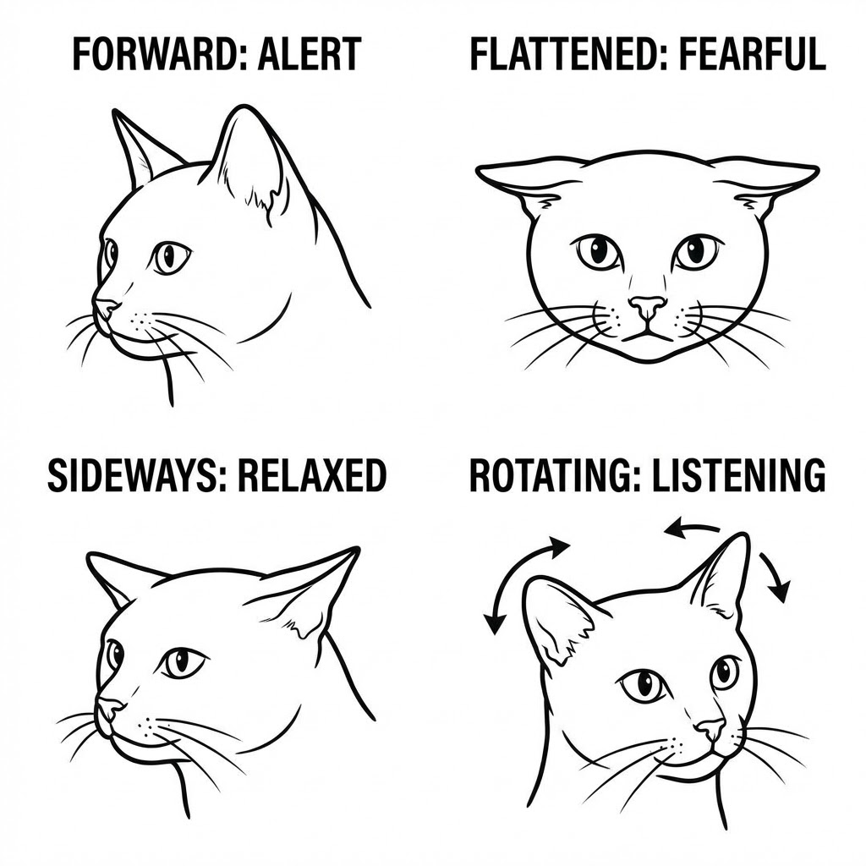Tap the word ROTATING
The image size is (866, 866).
click(x=542, y=476)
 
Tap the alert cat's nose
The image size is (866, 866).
click(x=105, y=307)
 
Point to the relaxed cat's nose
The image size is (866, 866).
click(x=108, y=706)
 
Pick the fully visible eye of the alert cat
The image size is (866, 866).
click(x=170, y=255)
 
